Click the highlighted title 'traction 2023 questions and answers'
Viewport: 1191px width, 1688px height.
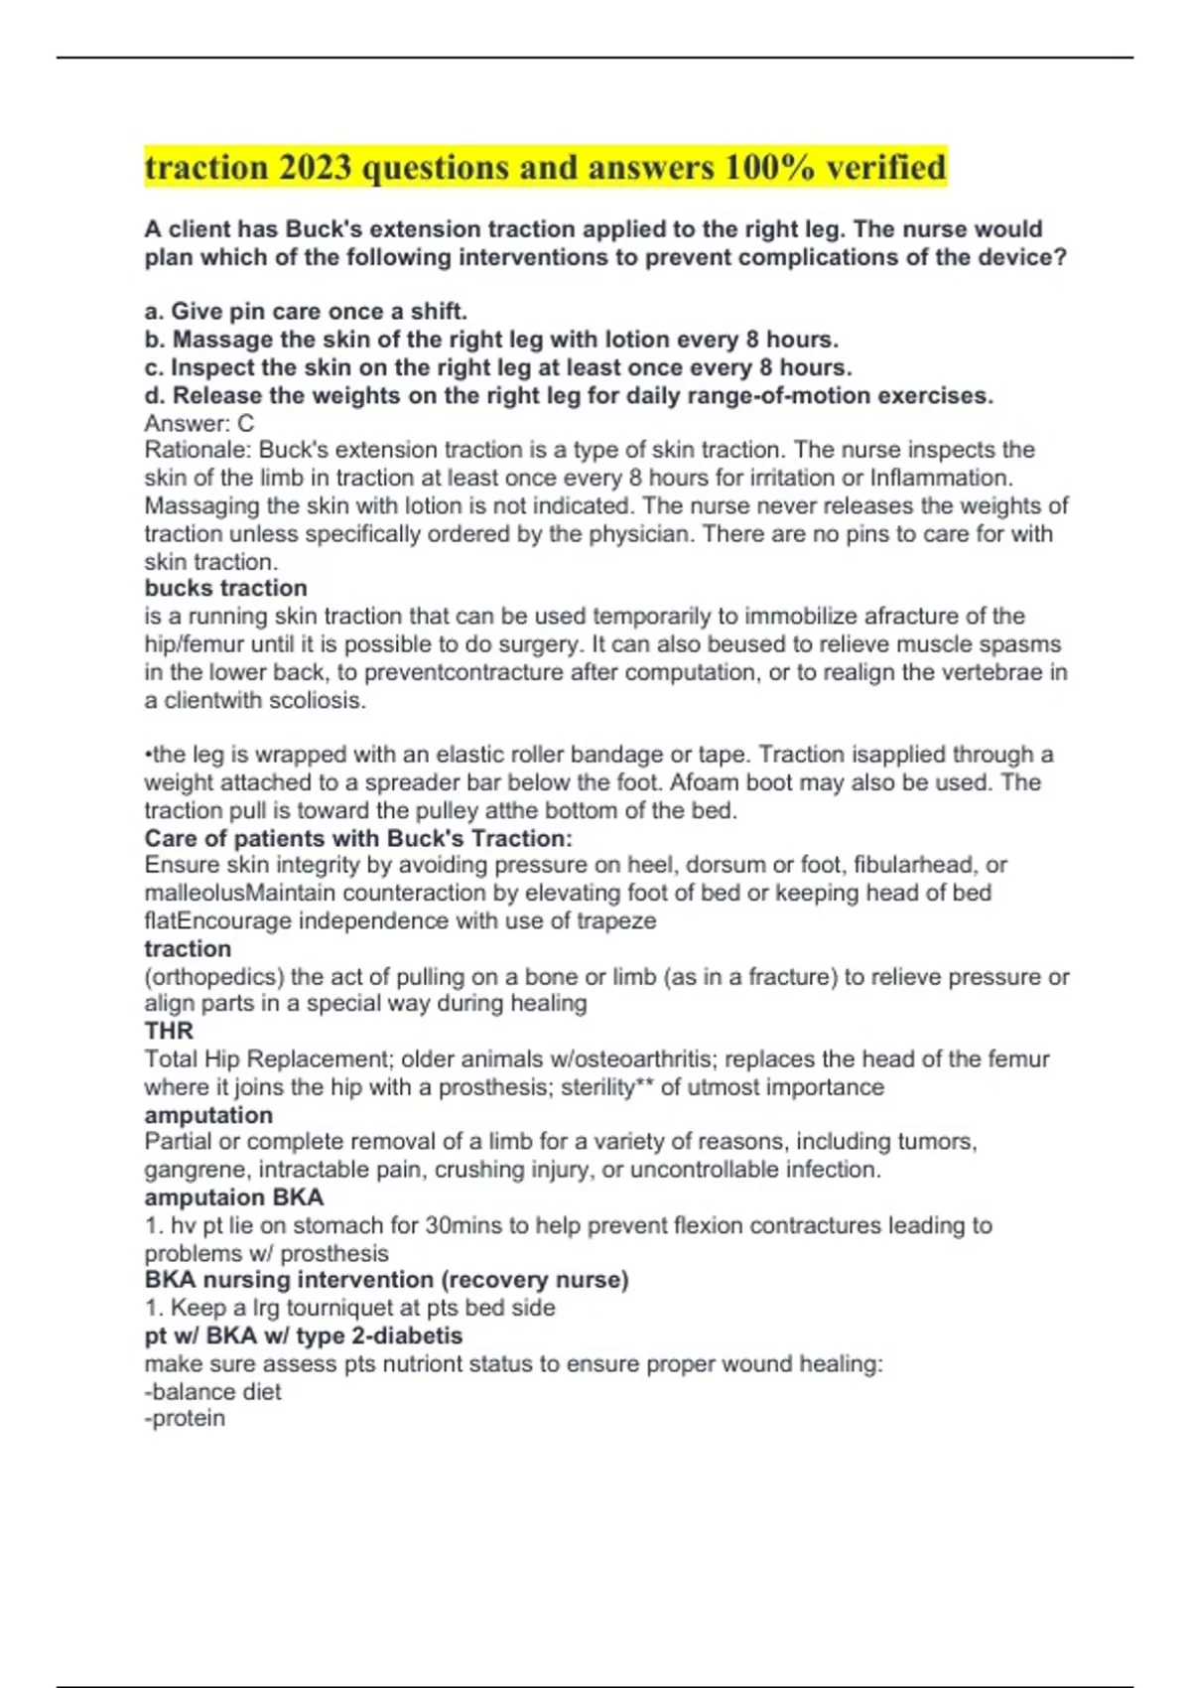pyautogui.click(x=545, y=168)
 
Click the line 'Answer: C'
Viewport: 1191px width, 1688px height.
pyautogui.click(x=198, y=423)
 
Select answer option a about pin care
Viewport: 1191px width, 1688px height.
pyautogui.click(x=306, y=312)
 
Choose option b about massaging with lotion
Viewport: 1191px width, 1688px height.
pyautogui.click(x=491, y=340)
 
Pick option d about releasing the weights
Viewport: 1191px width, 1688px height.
pyautogui.click(x=569, y=395)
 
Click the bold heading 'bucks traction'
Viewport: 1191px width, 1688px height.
pyautogui.click(x=225, y=588)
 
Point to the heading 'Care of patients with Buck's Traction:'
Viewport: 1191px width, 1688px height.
pyautogui.click(x=358, y=838)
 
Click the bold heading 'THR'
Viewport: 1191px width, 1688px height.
pyautogui.click(x=169, y=1031)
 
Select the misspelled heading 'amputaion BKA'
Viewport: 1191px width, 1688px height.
pyautogui.click(x=233, y=1197)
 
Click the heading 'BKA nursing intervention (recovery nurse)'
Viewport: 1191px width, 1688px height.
pyautogui.click(x=386, y=1280)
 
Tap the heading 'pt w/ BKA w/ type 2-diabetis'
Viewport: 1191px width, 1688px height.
pyautogui.click(x=303, y=1336)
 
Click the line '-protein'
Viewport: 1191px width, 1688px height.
pyautogui.click(x=185, y=1418)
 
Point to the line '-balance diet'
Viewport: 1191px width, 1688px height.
pyautogui.click(x=212, y=1391)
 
